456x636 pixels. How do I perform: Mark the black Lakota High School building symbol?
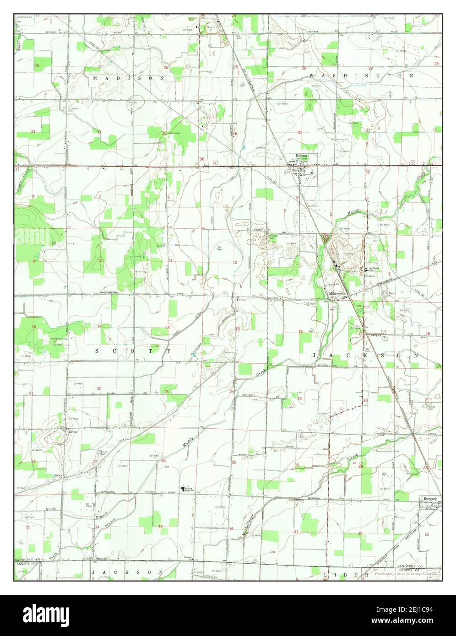[182, 489]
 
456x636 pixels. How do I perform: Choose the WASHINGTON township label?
[361, 75]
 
